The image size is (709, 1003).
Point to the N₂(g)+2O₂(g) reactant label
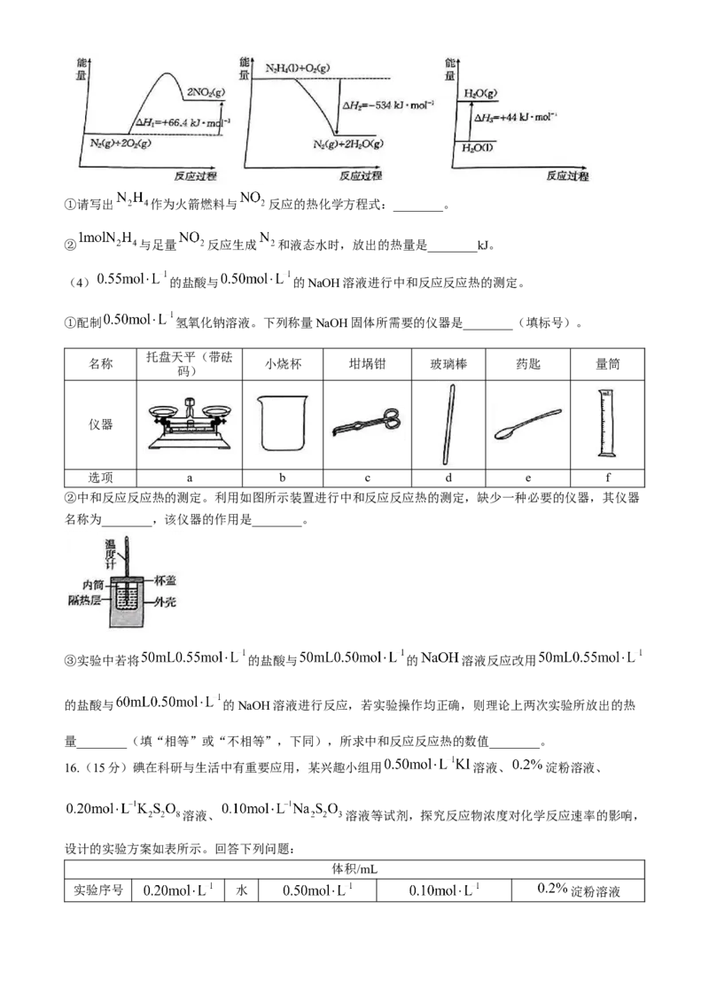pyautogui.click(x=121, y=143)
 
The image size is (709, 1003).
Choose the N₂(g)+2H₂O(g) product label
pyautogui.click(x=347, y=144)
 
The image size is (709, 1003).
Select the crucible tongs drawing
pyautogui.click(x=367, y=420)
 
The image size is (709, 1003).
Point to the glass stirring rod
pyautogui.click(x=456, y=424)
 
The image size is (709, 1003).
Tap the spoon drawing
pyautogui.click(x=526, y=423)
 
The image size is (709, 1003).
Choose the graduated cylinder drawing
pyautogui.click(x=605, y=422)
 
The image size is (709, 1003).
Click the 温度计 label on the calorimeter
pyautogui.click(x=111, y=548)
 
